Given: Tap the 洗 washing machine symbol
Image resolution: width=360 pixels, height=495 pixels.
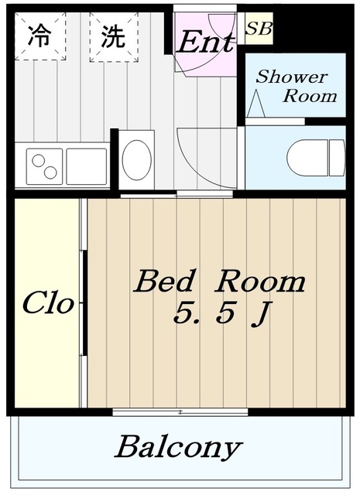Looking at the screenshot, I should coord(114,36).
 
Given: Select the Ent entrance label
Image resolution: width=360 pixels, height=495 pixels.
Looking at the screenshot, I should coord(205,43).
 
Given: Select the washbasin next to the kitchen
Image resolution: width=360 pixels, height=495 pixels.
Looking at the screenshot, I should coord(137,159).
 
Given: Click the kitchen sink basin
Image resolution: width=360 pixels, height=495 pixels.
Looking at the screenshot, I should coord(86,166).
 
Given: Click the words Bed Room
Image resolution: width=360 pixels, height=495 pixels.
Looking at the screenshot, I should coord(219,282).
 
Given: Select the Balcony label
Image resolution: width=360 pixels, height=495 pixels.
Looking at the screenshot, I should coord(179,447).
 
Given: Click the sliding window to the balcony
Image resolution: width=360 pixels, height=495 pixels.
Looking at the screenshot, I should coord(180,411).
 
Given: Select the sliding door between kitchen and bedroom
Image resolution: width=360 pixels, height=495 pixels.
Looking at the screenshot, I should coord(177,194).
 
